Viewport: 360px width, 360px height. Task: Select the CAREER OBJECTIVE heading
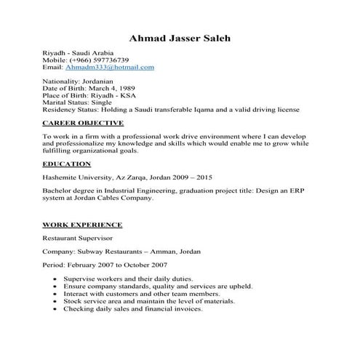pyautogui.click(x=83, y=123)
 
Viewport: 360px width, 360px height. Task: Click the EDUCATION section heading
pyautogui.click(x=66, y=164)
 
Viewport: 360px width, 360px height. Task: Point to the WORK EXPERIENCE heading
pyautogui.click(x=81, y=225)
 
